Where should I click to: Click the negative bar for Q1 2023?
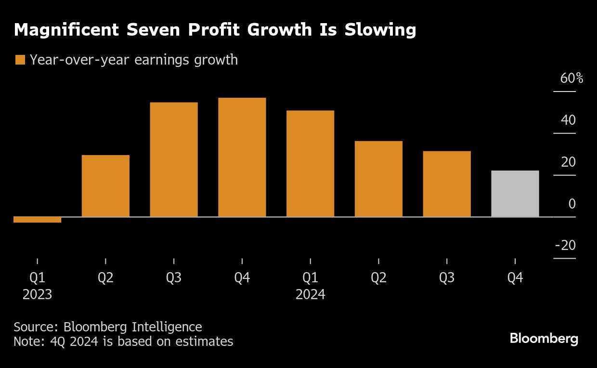pos(38,220)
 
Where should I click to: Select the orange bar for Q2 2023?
pos(105,186)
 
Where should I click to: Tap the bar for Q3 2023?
pos(174,159)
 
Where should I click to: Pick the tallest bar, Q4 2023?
pos(242,157)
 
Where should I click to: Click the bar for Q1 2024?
pos(310,164)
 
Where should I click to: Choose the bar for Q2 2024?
pos(378,179)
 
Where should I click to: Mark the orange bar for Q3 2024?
pos(447,184)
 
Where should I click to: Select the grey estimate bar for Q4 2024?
pos(515,194)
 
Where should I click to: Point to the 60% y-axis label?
pos(571,78)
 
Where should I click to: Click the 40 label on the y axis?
pos(568,120)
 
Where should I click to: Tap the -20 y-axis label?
pos(565,246)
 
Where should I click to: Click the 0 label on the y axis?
pos(572,204)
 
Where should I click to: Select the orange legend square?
pos(20,60)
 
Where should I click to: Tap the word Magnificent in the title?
pos(65,30)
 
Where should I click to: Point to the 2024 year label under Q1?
pos(310,294)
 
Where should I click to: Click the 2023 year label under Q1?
pos(37,294)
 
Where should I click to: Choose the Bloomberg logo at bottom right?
pos(544,339)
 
